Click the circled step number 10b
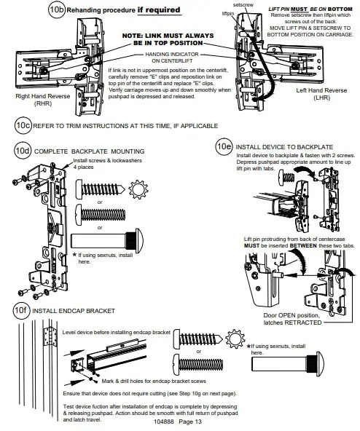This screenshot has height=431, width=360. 57,10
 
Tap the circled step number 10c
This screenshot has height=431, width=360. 23,126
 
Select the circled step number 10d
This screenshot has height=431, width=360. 23,151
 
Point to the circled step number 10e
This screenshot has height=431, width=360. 224,146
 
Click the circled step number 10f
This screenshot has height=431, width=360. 21,310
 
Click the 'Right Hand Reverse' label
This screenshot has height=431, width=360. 43,96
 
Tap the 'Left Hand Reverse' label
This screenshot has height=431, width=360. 321,90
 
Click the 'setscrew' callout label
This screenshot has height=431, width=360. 243,5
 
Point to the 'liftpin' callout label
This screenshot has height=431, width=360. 228,13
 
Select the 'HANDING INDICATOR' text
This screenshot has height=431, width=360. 172,54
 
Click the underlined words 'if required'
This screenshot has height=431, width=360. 159,10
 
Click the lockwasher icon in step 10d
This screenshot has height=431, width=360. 138,189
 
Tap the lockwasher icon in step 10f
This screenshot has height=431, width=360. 235,339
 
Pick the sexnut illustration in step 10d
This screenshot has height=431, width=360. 107,241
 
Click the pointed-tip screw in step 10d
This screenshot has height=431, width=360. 100,189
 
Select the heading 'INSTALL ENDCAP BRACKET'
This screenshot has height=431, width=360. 74,311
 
